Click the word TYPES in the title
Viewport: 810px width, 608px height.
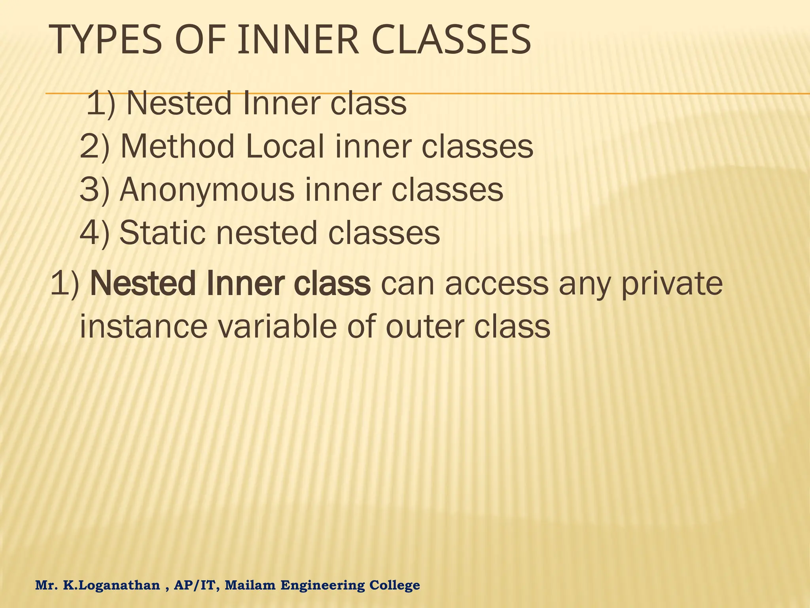[x=107, y=40]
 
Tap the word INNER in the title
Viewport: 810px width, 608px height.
[x=299, y=40]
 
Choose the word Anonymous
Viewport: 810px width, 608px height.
[x=207, y=190]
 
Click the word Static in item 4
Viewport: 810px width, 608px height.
[x=162, y=233]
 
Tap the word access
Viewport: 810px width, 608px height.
[x=497, y=284]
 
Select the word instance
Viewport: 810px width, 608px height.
[x=144, y=327]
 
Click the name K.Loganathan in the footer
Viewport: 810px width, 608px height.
[x=111, y=585]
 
